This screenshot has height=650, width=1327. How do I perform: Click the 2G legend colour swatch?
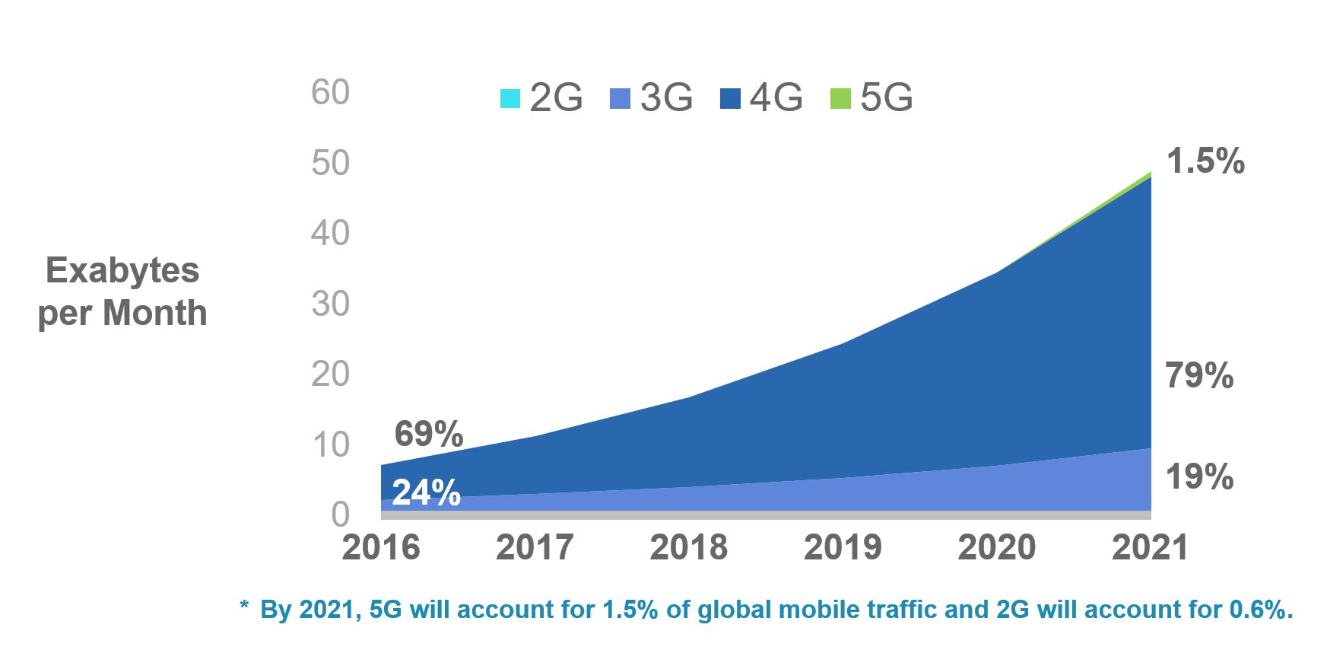pos(510,99)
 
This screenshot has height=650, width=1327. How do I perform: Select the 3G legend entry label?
pos(666,97)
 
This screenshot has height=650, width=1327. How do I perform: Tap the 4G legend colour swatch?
pos(730,99)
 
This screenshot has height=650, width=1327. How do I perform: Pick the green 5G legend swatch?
pos(840,99)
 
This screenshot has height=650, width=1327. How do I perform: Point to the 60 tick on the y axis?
pos(330,93)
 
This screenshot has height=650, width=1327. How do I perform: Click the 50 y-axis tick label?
pos(330,163)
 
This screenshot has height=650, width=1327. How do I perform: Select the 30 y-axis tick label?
pos(330,304)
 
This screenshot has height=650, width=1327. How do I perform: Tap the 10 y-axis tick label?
pos(330,445)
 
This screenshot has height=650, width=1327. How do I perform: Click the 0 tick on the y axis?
pos(340,515)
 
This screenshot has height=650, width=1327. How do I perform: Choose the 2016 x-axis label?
pos(380,548)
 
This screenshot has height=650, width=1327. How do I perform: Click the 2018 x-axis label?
pos(688,548)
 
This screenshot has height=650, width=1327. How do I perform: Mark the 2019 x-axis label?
pos(843,548)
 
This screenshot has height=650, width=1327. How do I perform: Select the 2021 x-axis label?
pos(1150,548)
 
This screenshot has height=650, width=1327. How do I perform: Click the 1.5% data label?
pos(1205,161)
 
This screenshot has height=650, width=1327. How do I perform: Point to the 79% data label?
pos(1199,376)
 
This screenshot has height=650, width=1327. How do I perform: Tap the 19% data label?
pos(1199,477)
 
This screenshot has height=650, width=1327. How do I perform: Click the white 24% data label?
pos(426,493)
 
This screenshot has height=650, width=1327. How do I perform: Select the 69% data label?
pos(428,435)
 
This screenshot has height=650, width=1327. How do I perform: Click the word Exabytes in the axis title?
pos(122,271)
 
